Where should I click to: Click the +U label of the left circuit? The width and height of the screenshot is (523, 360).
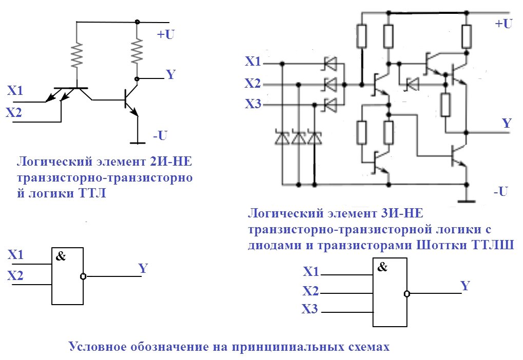[x=166, y=35]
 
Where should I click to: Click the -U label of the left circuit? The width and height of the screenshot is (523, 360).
[x=160, y=136]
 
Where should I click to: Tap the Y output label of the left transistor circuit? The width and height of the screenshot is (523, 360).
[x=171, y=75]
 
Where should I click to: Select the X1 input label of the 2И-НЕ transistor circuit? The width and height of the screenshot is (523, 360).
[x=15, y=91]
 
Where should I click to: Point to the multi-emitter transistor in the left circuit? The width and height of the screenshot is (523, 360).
[x=74, y=92]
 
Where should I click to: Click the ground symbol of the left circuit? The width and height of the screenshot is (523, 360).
[x=137, y=142]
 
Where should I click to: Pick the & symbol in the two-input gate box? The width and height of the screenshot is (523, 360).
[x=61, y=257]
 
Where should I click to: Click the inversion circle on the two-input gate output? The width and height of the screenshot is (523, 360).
[x=83, y=276]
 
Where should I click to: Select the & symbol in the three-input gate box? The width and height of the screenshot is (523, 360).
[x=382, y=267]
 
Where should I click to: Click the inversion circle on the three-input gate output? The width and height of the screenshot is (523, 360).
[x=407, y=294]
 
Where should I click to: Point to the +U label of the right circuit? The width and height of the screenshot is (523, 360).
[x=503, y=24]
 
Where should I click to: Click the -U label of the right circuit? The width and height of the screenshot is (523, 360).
[x=500, y=192]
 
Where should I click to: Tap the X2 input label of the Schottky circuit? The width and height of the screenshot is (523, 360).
[x=252, y=83]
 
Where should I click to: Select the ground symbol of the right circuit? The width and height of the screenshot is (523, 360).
[x=466, y=200]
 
